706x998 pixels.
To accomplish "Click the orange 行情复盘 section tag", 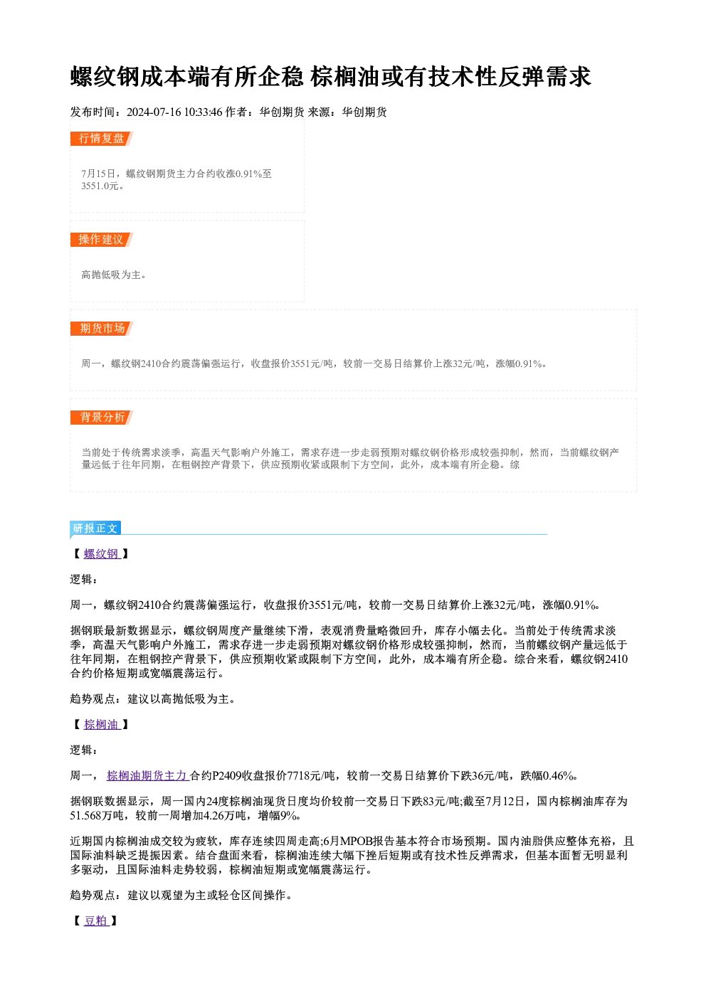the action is click(101, 139).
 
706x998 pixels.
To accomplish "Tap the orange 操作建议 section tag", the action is click(101, 240).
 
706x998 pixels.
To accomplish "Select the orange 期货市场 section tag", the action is click(102, 329).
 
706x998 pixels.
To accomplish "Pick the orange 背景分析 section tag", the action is click(102, 418).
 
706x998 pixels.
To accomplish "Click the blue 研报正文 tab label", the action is click(95, 529).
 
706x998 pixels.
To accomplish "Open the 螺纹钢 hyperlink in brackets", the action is click(102, 554).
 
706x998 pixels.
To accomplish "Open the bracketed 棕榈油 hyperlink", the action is click(102, 724).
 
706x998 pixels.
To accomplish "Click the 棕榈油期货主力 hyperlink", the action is click(148, 775).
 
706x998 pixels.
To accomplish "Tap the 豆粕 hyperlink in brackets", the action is click(96, 921).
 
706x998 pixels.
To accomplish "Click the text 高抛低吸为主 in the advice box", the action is click(111, 275).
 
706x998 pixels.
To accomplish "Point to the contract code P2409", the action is click(226, 775).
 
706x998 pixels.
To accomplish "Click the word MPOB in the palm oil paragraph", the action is click(356, 842).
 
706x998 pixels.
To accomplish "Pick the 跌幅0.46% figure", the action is click(547, 775).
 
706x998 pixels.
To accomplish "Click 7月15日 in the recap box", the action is click(98, 174).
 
